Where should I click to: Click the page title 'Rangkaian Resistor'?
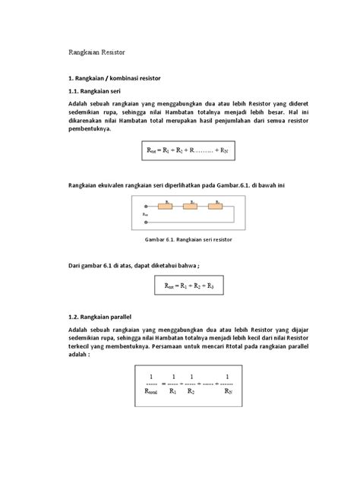(x=96, y=53)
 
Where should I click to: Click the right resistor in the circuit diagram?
(x=218, y=205)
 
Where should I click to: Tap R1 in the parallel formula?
(x=173, y=393)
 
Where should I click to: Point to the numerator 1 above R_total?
(x=151, y=376)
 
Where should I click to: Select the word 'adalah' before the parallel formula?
(x=79, y=354)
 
